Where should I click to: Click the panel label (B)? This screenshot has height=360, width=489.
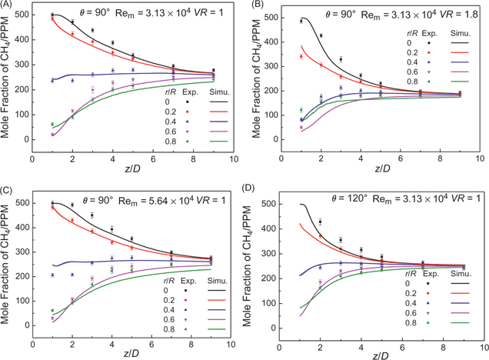[x=255, y=6]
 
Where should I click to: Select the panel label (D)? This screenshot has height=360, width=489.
[x=255, y=187]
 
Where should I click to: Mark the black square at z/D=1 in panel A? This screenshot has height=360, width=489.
[x=52, y=15]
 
